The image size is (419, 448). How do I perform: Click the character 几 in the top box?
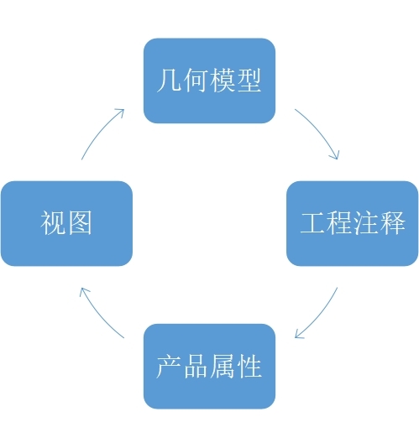coord(169,81)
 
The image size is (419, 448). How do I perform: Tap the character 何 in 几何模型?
coord(196,81)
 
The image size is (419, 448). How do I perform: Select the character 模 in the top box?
coord(222,81)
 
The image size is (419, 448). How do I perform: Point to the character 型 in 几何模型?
coord(249,81)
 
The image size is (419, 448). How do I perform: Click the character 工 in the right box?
coord(312,223)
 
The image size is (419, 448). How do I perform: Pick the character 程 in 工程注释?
coord(339,223)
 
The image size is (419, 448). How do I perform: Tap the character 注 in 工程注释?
coord(365,223)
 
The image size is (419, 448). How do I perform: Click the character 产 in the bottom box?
coord(169,367)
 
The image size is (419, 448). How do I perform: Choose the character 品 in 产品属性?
coord(196,367)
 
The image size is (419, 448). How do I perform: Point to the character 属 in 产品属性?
coord(222,367)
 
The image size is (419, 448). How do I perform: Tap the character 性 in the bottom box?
coord(249,367)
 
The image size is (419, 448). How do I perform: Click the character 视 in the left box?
coord(53,223)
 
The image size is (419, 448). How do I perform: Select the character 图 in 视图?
coord(80,223)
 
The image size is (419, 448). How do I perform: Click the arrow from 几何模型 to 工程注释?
coord(320,130)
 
